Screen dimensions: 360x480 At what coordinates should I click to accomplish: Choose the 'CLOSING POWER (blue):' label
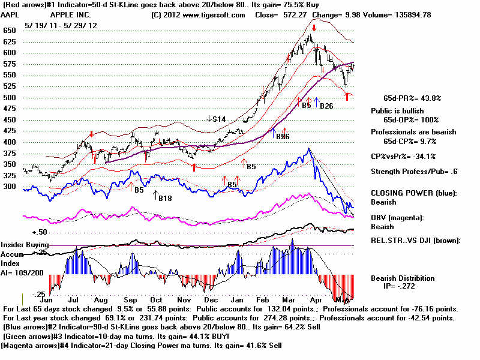(412, 193)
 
